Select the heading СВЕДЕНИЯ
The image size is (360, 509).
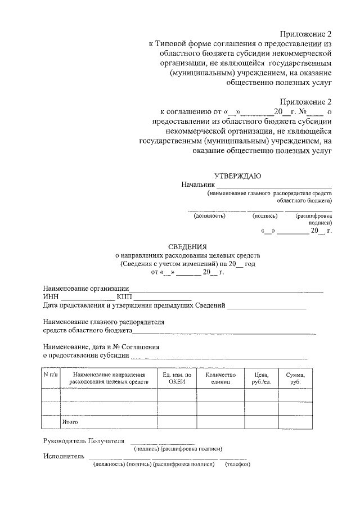click(x=188, y=246)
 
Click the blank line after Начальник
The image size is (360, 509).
click(x=274, y=186)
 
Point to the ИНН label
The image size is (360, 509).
click(x=50, y=297)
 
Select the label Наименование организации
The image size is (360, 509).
click(x=87, y=289)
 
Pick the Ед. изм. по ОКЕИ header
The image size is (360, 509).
click(x=177, y=378)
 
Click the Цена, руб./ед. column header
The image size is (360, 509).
click(x=261, y=378)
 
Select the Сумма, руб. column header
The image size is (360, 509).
click(x=295, y=378)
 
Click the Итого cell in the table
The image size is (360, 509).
click(x=70, y=421)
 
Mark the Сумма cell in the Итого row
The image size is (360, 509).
click(x=295, y=422)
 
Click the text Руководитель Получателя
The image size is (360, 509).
click(x=83, y=440)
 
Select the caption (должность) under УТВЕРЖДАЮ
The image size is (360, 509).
click(x=209, y=215)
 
